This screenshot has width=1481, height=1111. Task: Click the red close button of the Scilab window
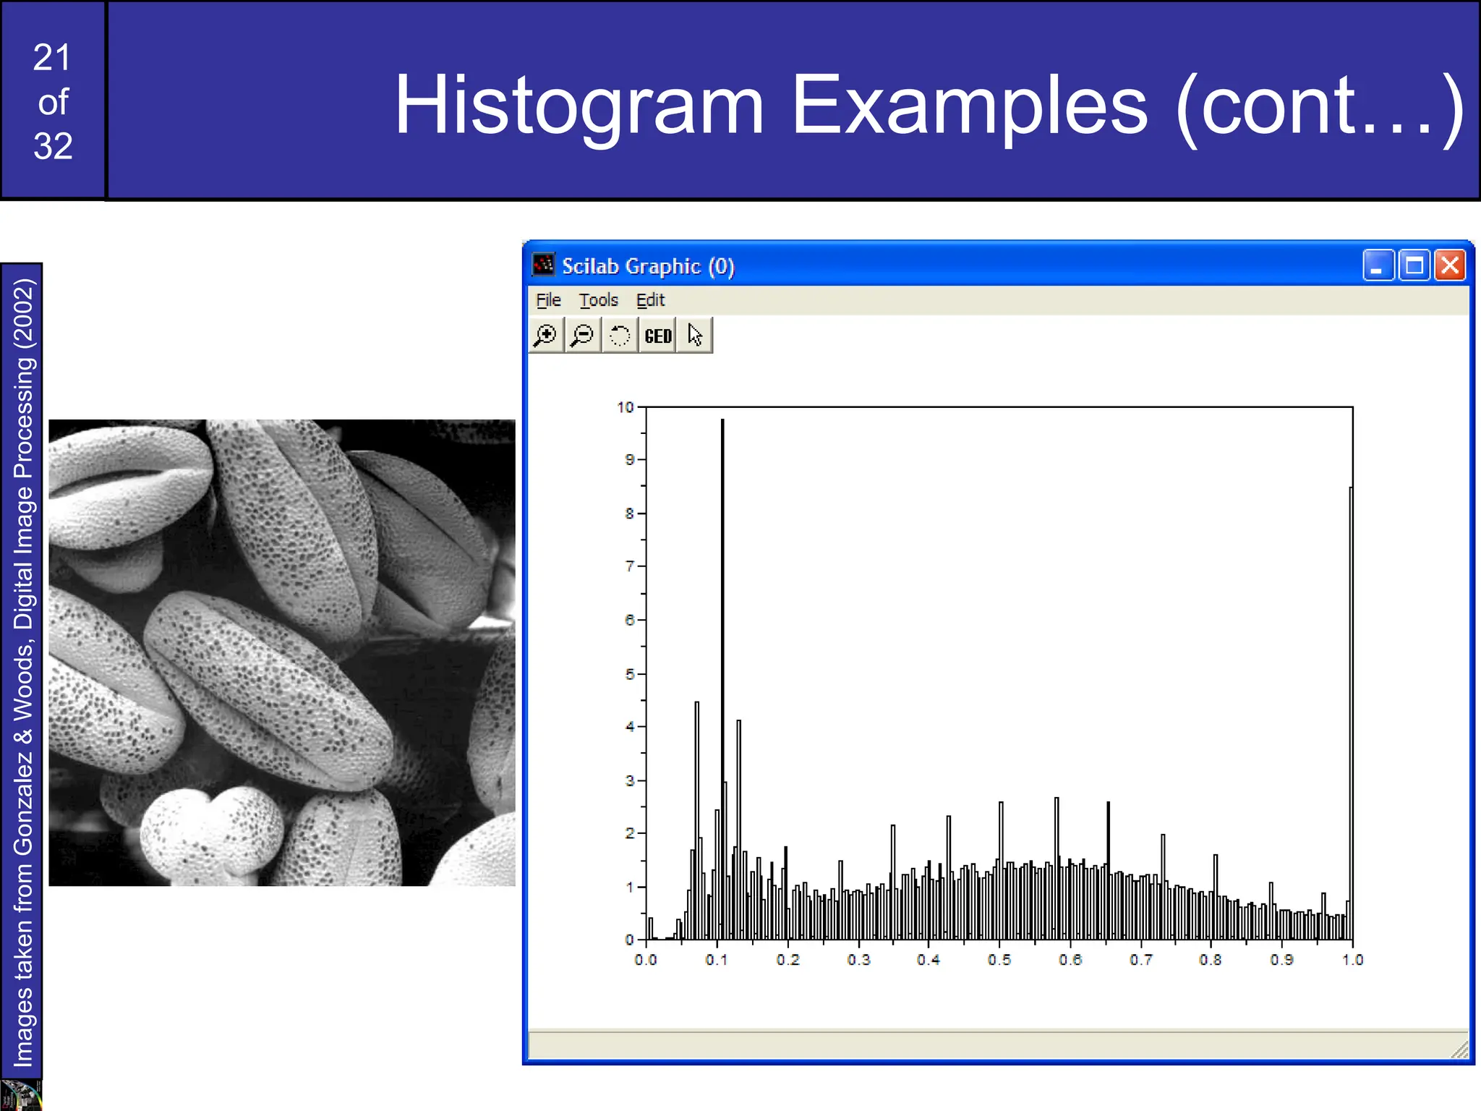pos(1450,265)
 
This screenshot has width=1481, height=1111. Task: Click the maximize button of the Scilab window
pos(1414,265)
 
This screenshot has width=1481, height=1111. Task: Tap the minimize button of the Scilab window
pos(1378,265)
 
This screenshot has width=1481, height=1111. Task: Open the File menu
pos(548,300)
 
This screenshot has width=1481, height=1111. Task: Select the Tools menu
pos(598,300)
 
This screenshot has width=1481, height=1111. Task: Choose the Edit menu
pos(650,300)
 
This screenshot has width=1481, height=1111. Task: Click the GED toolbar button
pos(657,336)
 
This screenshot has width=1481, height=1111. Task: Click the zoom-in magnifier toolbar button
pos(546,336)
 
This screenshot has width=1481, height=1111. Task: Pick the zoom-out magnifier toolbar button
pos(582,336)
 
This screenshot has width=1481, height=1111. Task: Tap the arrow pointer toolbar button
pos(695,336)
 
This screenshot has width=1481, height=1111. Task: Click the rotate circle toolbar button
pos(620,336)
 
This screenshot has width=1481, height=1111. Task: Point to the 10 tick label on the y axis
pos(625,407)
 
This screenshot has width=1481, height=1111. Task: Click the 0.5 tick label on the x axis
pos(999,960)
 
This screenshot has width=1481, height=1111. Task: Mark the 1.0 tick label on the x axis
pos(1352,960)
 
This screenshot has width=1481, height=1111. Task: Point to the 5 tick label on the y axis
pos(629,674)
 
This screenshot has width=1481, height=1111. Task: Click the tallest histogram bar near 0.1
pos(722,651)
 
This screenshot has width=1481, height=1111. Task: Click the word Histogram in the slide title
pos(579,105)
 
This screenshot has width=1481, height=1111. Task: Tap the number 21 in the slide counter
pos(52,58)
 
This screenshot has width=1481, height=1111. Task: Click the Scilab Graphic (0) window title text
pos(648,266)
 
